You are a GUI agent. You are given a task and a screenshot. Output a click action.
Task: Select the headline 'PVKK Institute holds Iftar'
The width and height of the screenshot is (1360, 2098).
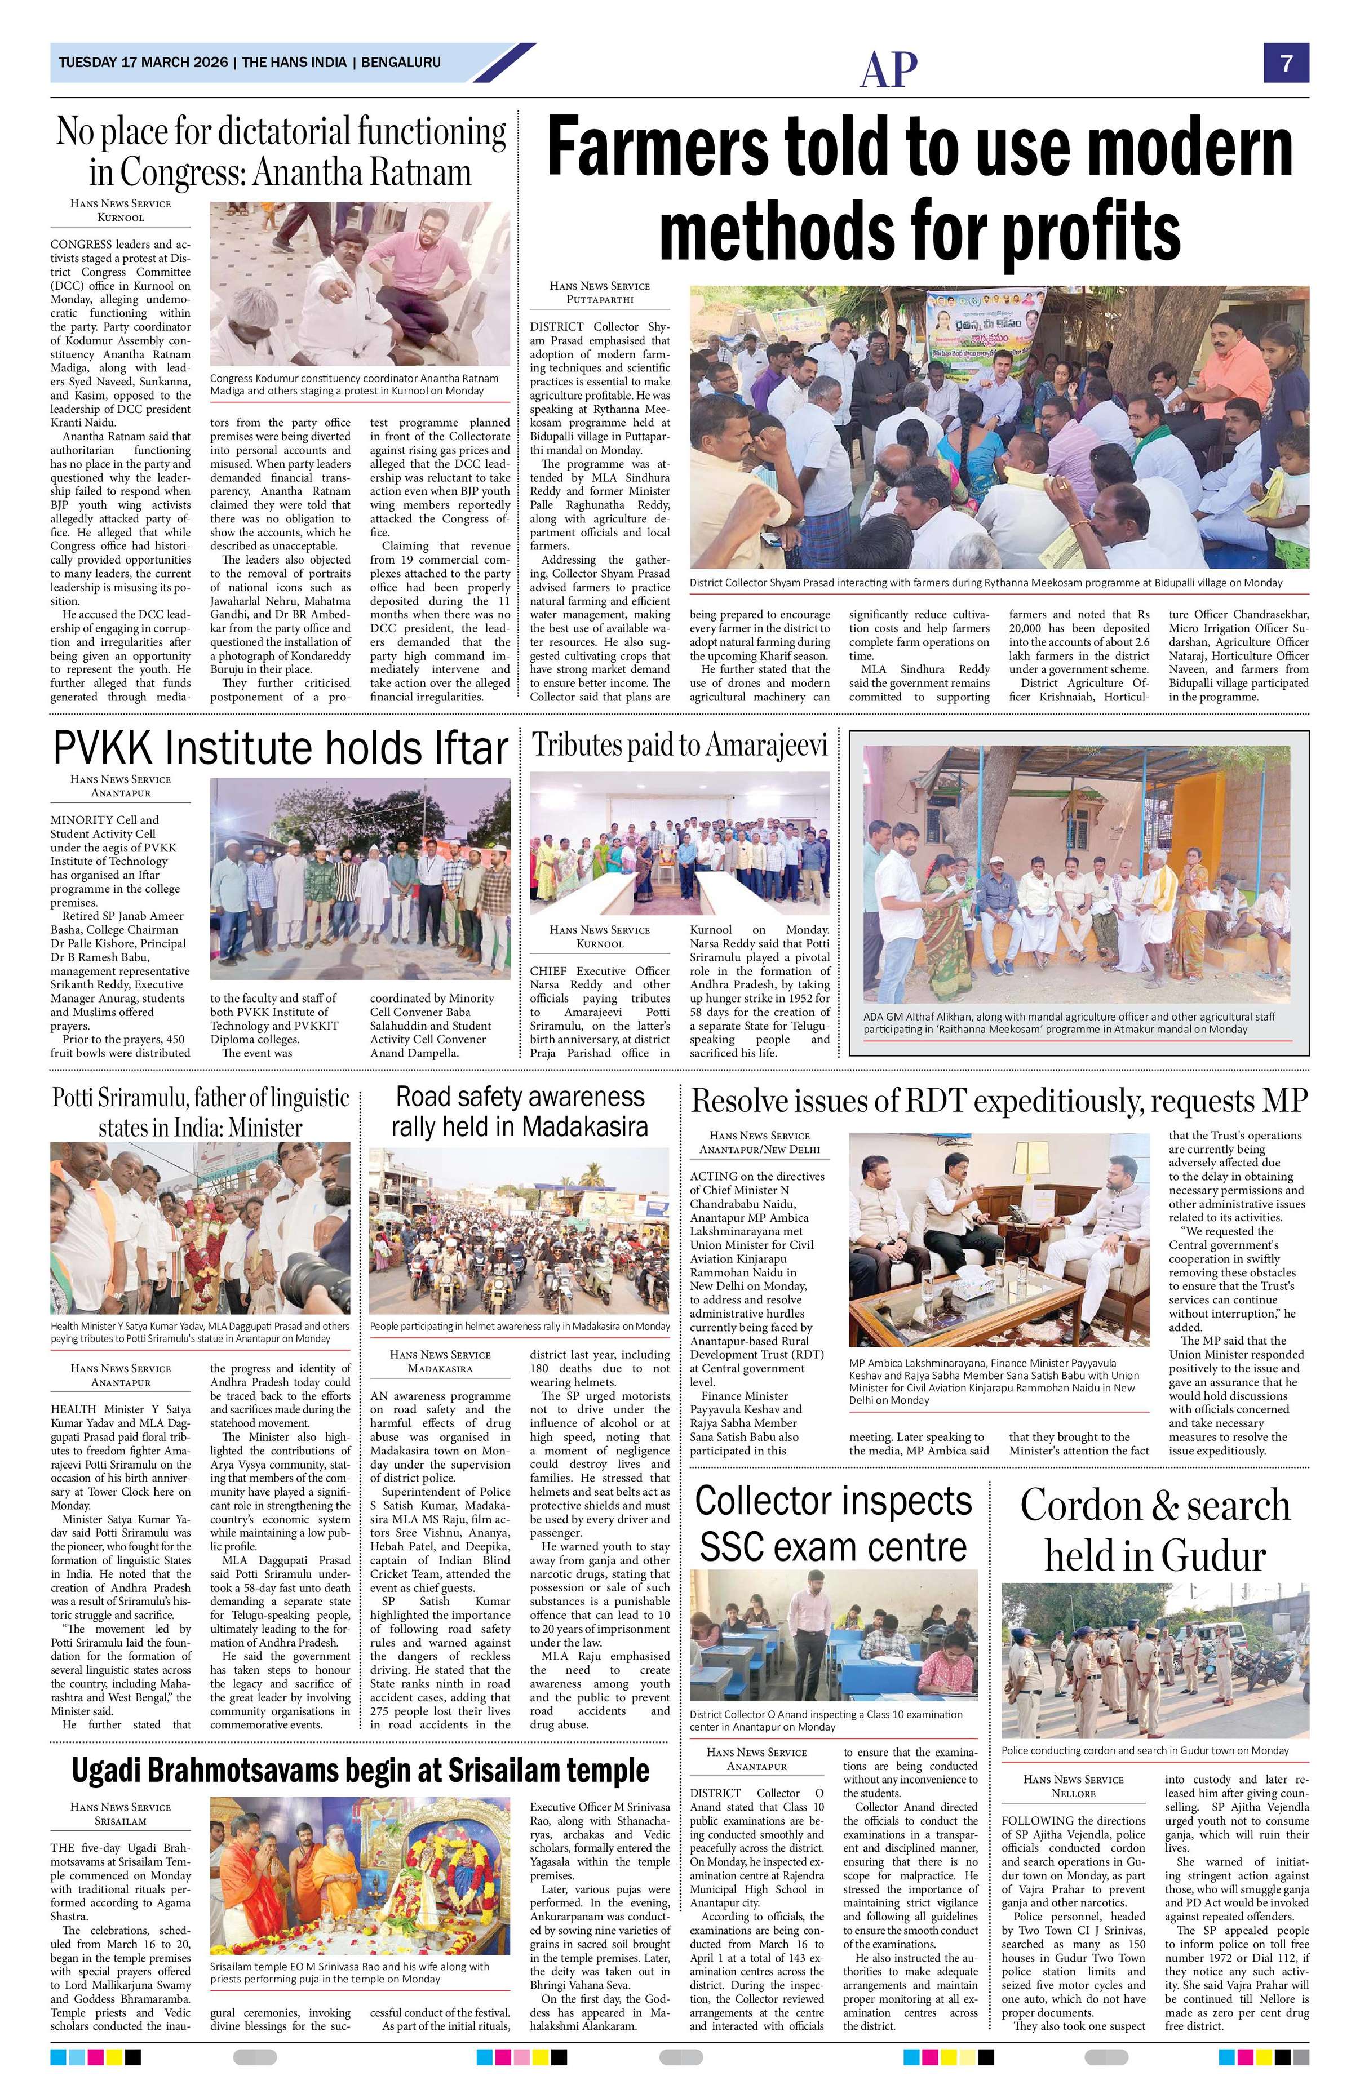[x=280, y=748]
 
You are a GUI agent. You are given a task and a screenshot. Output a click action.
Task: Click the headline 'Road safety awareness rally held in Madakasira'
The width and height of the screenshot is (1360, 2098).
[x=520, y=1111]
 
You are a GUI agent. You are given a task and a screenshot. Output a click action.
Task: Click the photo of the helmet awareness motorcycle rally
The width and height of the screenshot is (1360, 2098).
[x=519, y=1231]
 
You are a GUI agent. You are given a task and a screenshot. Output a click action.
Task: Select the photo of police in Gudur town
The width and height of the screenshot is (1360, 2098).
[x=1155, y=1660]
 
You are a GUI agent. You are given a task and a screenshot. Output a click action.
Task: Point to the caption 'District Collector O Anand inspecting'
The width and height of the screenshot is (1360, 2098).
[x=826, y=1720]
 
